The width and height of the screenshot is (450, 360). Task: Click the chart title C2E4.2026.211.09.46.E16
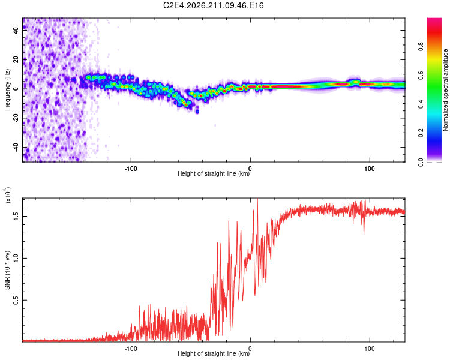click(x=213, y=5)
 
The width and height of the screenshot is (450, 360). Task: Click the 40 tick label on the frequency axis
click(x=16, y=30)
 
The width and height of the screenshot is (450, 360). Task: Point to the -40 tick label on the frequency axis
click(x=16, y=148)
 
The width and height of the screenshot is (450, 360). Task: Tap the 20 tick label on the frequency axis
click(x=16, y=60)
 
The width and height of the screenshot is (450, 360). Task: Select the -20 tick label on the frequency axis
click(x=16, y=118)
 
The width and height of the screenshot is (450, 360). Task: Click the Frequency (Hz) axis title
click(x=7, y=90)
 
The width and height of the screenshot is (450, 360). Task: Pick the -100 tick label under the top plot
click(x=131, y=169)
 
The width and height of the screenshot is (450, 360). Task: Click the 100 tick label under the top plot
click(x=370, y=169)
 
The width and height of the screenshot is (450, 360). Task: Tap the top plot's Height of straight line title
click(x=214, y=173)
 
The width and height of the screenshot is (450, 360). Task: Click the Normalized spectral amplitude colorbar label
click(x=445, y=90)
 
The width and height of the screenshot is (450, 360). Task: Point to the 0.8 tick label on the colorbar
click(x=421, y=47)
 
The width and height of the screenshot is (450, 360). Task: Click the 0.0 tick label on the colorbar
click(x=421, y=162)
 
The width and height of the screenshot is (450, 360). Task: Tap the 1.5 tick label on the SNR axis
click(x=16, y=216)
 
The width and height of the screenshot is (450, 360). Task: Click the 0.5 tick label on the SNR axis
click(x=16, y=300)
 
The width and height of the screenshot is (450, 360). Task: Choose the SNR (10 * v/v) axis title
click(x=7, y=270)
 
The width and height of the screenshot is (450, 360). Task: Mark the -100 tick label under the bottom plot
click(x=131, y=349)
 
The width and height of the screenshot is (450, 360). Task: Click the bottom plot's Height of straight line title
click(x=214, y=353)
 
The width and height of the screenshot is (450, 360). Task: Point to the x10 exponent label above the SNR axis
click(x=8, y=195)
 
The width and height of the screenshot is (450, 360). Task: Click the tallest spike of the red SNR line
click(x=257, y=199)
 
